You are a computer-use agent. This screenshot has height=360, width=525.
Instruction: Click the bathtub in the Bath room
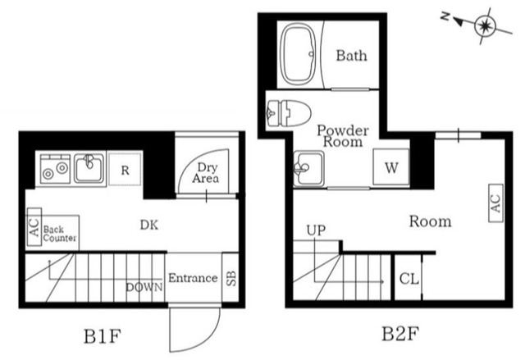[x=298, y=53]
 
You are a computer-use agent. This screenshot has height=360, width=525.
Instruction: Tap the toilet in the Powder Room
[x=290, y=113]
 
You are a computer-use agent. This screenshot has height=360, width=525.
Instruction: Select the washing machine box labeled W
[x=391, y=167]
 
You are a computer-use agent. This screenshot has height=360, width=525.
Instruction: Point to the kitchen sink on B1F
[x=89, y=168]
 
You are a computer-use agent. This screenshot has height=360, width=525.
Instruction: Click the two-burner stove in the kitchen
[x=55, y=169]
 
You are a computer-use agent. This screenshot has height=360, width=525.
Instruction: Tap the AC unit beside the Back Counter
[x=34, y=227]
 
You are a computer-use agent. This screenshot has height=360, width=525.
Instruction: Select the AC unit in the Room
[x=495, y=203]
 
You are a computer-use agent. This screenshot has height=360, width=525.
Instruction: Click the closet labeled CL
[x=409, y=278]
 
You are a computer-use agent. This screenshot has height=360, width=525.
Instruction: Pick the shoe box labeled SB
[x=231, y=278]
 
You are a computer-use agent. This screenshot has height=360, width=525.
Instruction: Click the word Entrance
[x=193, y=278]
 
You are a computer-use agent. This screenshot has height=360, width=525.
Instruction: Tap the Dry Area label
[x=206, y=173]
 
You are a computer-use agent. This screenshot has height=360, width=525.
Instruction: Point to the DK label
[x=149, y=226]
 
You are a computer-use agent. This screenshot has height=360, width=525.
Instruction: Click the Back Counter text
[x=60, y=234]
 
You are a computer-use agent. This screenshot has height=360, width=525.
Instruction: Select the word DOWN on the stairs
[x=144, y=287]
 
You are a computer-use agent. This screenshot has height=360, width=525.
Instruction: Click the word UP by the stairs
[x=316, y=230]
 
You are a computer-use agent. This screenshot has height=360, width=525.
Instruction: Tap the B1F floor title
[x=102, y=336]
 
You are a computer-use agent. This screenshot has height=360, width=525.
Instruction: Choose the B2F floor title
[x=400, y=334]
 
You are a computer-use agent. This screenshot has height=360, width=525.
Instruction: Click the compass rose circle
[x=485, y=25]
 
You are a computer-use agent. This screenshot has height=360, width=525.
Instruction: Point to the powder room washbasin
[x=308, y=168]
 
